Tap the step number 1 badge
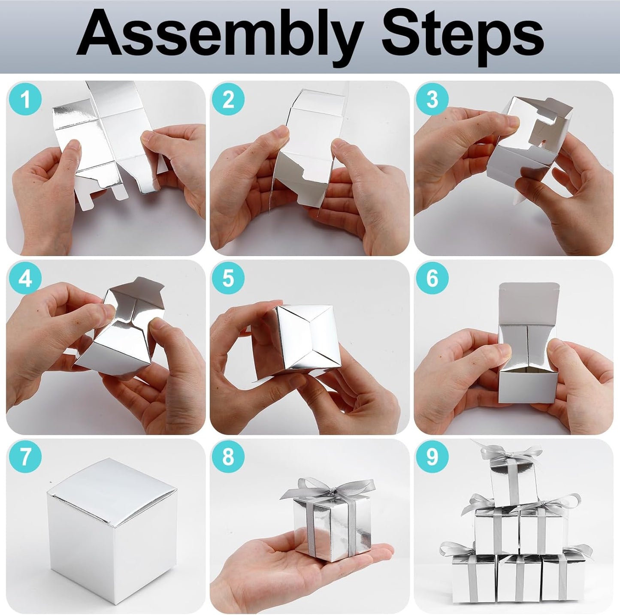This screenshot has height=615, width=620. (25, 100)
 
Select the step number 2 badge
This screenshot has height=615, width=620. (228, 100)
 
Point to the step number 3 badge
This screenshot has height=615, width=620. (432, 100)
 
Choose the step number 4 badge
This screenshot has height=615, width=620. (25, 279)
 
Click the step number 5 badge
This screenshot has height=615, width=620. (228, 279)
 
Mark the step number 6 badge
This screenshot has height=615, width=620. (432, 279)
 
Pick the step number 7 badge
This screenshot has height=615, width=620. (25, 457)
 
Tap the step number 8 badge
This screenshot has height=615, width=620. (228, 457)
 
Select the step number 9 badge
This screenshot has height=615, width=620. (432, 457)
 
